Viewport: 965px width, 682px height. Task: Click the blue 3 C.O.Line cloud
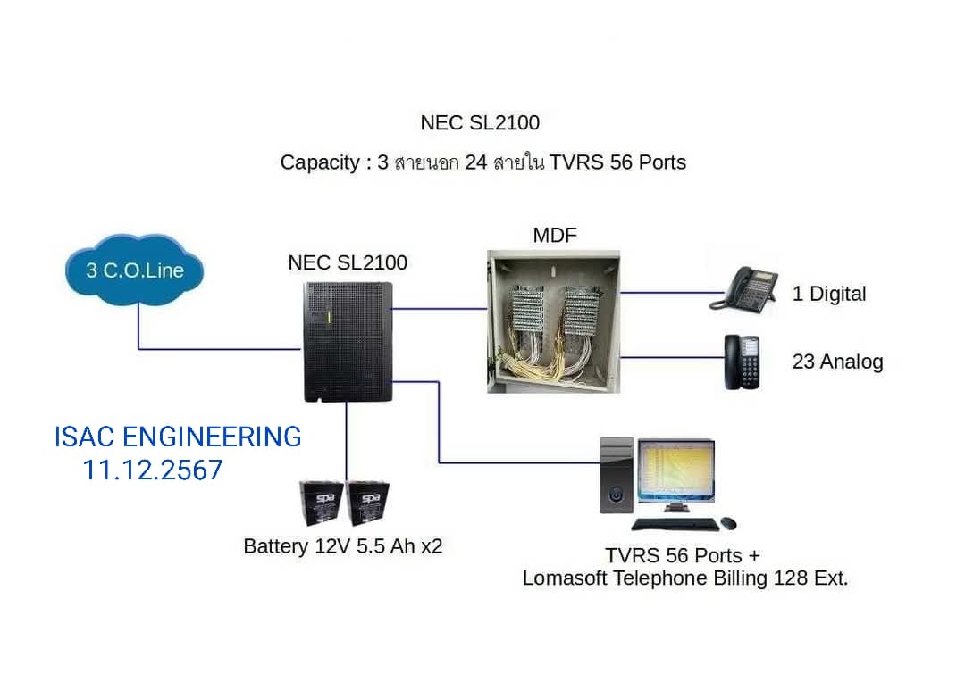tap(134, 270)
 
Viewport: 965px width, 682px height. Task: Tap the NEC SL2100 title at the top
tap(480, 122)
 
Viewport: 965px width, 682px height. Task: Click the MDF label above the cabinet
tap(554, 236)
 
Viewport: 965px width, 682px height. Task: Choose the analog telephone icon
tap(742, 362)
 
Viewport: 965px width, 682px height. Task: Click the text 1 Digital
tap(829, 294)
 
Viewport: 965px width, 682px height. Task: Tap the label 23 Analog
tap(837, 362)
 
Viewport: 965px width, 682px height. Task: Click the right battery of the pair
tap(367, 503)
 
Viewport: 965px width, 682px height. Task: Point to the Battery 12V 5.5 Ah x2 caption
tap(343, 546)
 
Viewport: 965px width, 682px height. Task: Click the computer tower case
tap(617, 475)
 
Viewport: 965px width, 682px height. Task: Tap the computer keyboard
tap(675, 524)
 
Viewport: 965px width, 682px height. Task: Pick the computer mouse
tap(728, 522)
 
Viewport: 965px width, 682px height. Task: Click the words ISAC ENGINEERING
tap(178, 437)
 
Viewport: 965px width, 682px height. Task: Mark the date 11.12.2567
tap(153, 470)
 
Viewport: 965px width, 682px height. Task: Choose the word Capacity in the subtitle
tap(319, 162)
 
